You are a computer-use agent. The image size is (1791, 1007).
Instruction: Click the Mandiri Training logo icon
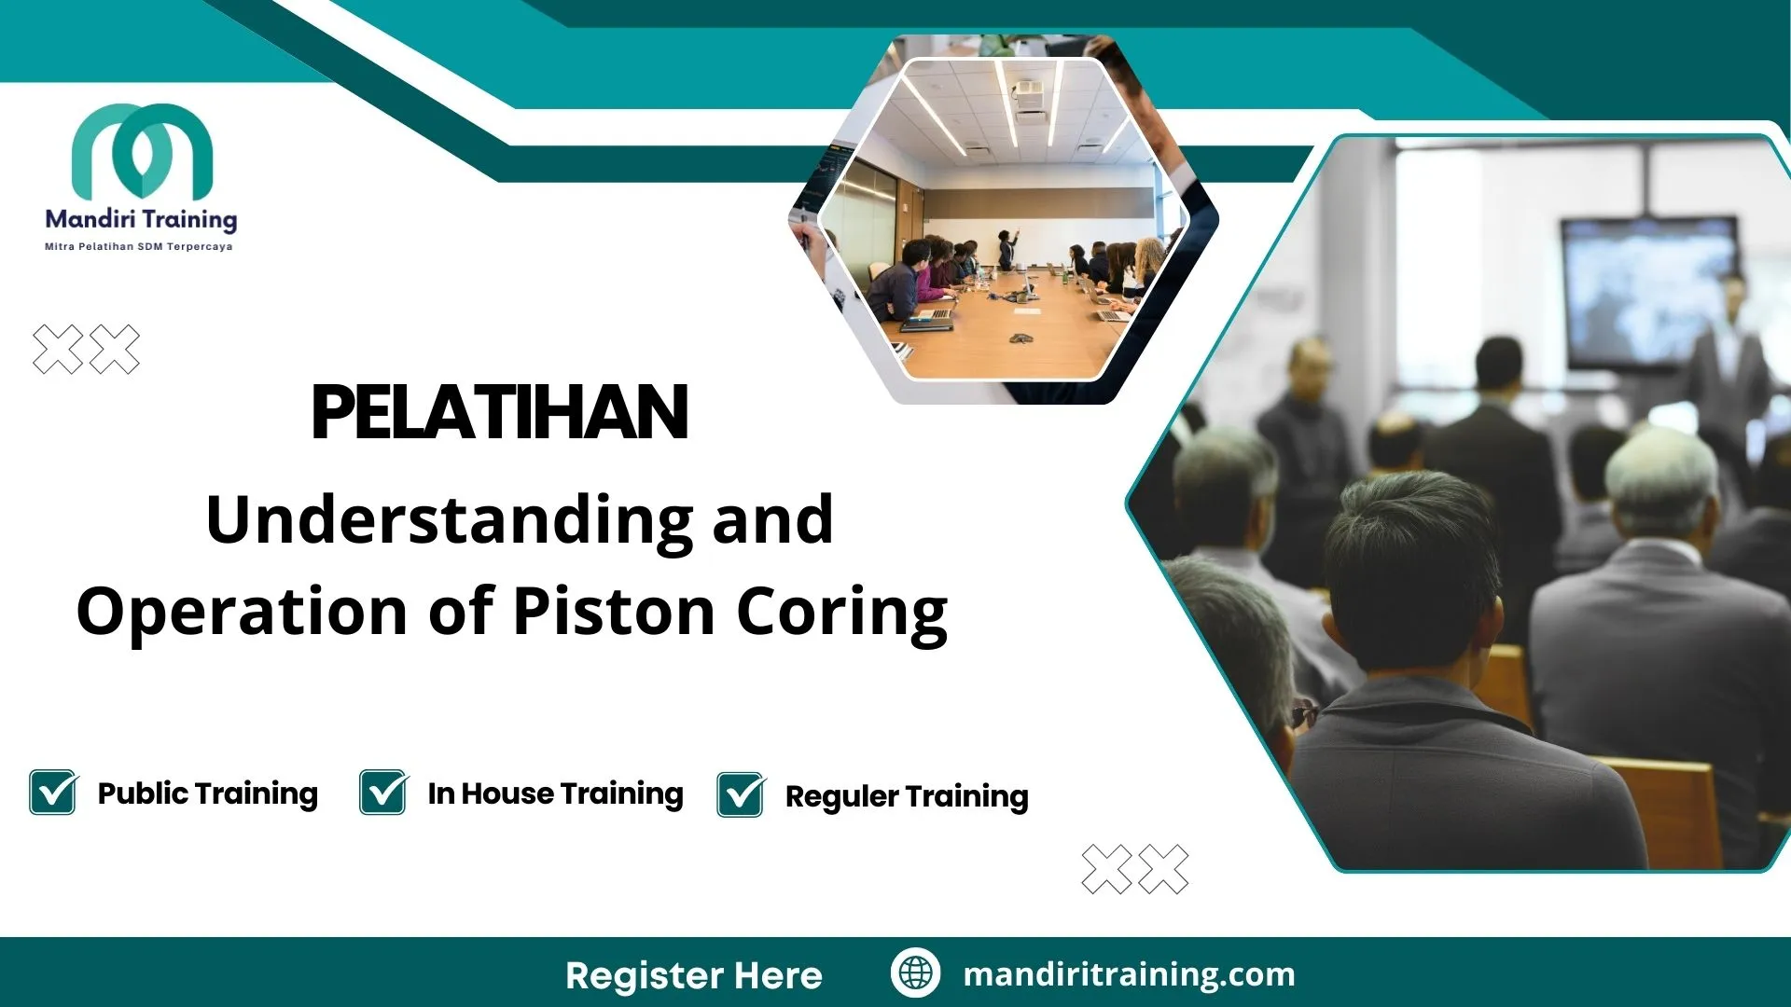click(142, 149)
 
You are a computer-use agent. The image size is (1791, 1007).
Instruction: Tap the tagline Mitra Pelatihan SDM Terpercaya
click(139, 247)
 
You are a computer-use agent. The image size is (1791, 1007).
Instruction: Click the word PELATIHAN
click(499, 413)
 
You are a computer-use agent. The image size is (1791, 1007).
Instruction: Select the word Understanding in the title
click(449, 520)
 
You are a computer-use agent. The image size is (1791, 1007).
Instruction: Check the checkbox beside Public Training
click(53, 793)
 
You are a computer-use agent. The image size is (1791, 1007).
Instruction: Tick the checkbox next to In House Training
click(383, 793)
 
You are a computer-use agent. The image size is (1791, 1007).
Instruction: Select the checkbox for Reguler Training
click(741, 795)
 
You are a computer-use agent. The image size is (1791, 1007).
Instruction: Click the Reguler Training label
click(907, 796)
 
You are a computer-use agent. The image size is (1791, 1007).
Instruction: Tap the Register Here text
click(693, 975)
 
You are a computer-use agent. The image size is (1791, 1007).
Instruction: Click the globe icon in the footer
click(915, 973)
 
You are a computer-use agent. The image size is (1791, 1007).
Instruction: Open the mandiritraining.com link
click(1129, 974)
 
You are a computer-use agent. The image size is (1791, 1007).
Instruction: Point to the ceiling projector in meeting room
click(1028, 91)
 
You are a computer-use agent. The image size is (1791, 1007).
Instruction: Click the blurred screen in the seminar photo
click(1648, 289)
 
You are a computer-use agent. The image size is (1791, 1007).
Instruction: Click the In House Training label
click(555, 793)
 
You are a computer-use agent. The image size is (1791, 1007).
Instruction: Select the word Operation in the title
click(242, 612)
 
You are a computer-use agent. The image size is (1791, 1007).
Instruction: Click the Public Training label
click(207, 793)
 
